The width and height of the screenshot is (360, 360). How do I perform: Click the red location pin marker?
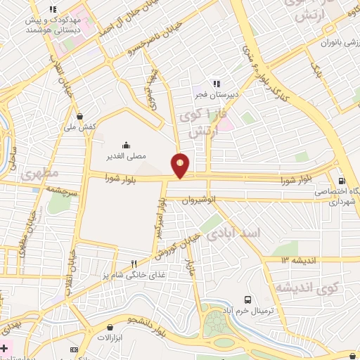click(181, 165)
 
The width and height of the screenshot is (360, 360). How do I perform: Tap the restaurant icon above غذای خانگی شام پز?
click(134, 264)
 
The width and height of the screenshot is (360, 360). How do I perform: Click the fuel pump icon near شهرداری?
click(342, 179)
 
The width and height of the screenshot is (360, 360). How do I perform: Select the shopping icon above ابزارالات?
click(110, 327)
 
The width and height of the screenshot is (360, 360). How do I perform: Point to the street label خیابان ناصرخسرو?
click(141, 48)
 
